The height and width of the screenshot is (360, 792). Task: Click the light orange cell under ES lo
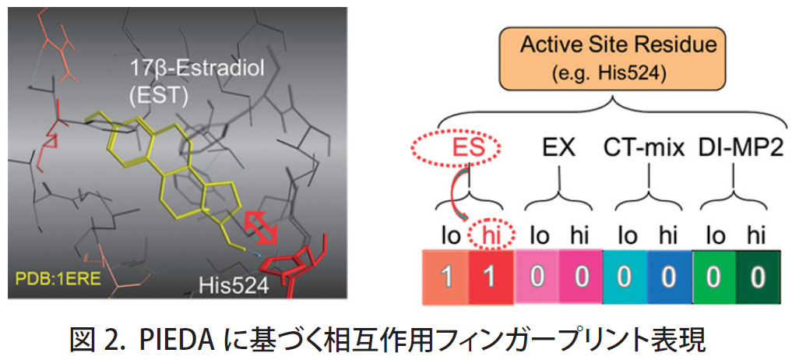click(x=446, y=277)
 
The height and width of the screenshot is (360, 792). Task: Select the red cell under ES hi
click(x=491, y=277)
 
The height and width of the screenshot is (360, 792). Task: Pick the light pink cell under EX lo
click(x=537, y=277)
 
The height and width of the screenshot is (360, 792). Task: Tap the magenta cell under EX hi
click(x=581, y=277)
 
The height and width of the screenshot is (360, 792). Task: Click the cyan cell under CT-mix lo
click(x=625, y=277)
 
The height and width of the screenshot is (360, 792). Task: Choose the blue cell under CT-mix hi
click(x=670, y=277)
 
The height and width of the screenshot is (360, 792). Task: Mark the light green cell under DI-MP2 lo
click(x=714, y=277)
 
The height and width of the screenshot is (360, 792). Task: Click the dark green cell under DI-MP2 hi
click(x=759, y=277)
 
